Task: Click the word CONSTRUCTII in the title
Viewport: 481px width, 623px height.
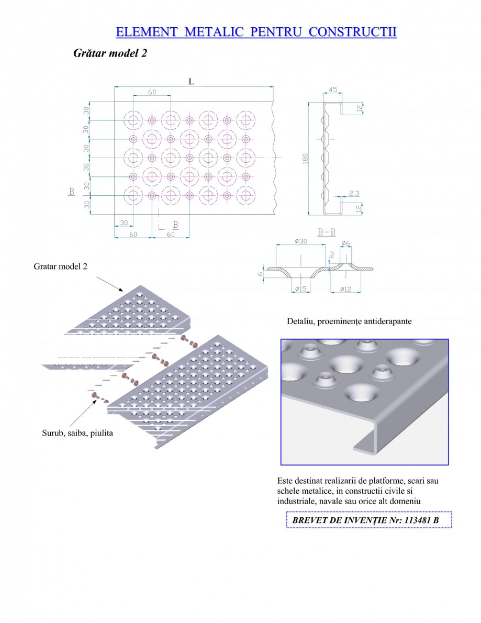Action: (352, 32)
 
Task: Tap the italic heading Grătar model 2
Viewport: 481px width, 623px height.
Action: (110, 53)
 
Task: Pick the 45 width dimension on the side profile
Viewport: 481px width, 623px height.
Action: (333, 90)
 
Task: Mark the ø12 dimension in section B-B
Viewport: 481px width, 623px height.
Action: (345, 289)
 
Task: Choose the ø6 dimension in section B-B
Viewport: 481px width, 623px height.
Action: (345, 243)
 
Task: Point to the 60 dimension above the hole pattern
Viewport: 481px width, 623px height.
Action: (152, 92)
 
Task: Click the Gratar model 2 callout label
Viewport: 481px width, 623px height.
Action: (60, 266)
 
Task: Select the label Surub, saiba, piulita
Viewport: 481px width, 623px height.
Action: (77, 433)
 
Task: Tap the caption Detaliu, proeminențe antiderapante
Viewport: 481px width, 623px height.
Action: (349, 321)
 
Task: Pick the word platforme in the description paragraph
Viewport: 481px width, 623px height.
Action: (381, 480)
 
